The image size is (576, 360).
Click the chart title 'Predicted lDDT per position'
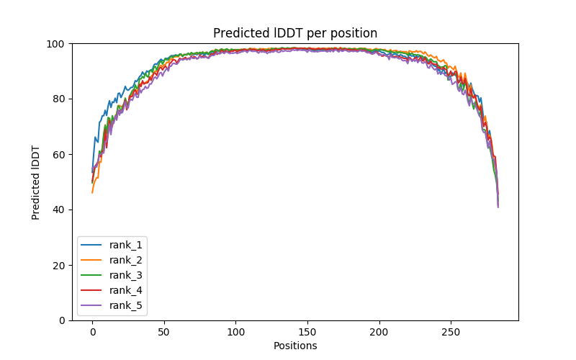295,33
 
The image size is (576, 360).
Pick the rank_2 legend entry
126,260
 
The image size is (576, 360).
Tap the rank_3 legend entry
126,275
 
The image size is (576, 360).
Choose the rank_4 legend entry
126,290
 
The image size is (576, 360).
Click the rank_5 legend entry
126,305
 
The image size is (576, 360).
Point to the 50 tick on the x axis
164,333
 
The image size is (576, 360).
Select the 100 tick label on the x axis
235,333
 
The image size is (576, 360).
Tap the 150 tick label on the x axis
307,333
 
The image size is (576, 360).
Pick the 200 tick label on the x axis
379,333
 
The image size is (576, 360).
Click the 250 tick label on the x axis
451,333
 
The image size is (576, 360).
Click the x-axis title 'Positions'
295,346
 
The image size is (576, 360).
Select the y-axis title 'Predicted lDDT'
36,182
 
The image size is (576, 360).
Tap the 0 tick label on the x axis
92,333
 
